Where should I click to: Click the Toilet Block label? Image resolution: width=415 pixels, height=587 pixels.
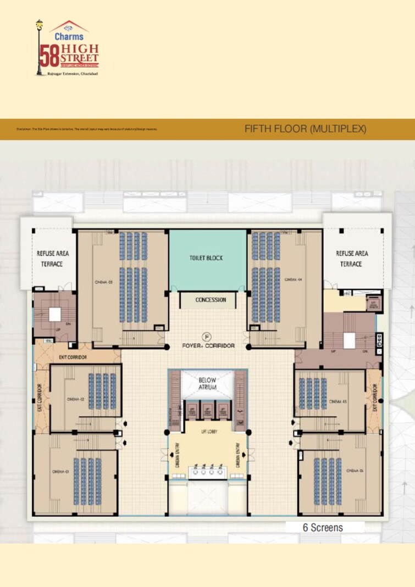[x=207, y=258]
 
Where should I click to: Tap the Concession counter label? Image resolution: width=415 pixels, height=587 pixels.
[x=211, y=300]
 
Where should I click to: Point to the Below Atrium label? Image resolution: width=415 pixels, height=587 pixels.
[x=207, y=383]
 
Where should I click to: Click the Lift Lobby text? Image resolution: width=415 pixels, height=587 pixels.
[x=208, y=432]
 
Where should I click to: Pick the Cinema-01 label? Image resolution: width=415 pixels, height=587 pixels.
[x=60, y=471]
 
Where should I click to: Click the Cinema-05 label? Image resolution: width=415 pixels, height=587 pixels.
[x=337, y=401]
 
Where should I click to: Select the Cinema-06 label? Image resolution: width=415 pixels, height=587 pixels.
[x=355, y=471]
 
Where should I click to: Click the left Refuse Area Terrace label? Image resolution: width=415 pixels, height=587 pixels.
[x=53, y=258]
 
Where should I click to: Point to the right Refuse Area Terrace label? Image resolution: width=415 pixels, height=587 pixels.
[x=352, y=258]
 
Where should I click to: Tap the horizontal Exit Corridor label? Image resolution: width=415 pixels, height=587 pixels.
[x=73, y=357]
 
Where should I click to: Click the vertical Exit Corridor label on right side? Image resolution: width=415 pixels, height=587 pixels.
[x=374, y=398]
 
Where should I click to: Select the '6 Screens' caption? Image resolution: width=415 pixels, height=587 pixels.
[x=323, y=527]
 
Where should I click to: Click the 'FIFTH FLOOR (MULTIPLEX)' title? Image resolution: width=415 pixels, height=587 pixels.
[x=305, y=129]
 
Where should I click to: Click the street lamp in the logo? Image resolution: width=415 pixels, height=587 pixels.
[x=39, y=47]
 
